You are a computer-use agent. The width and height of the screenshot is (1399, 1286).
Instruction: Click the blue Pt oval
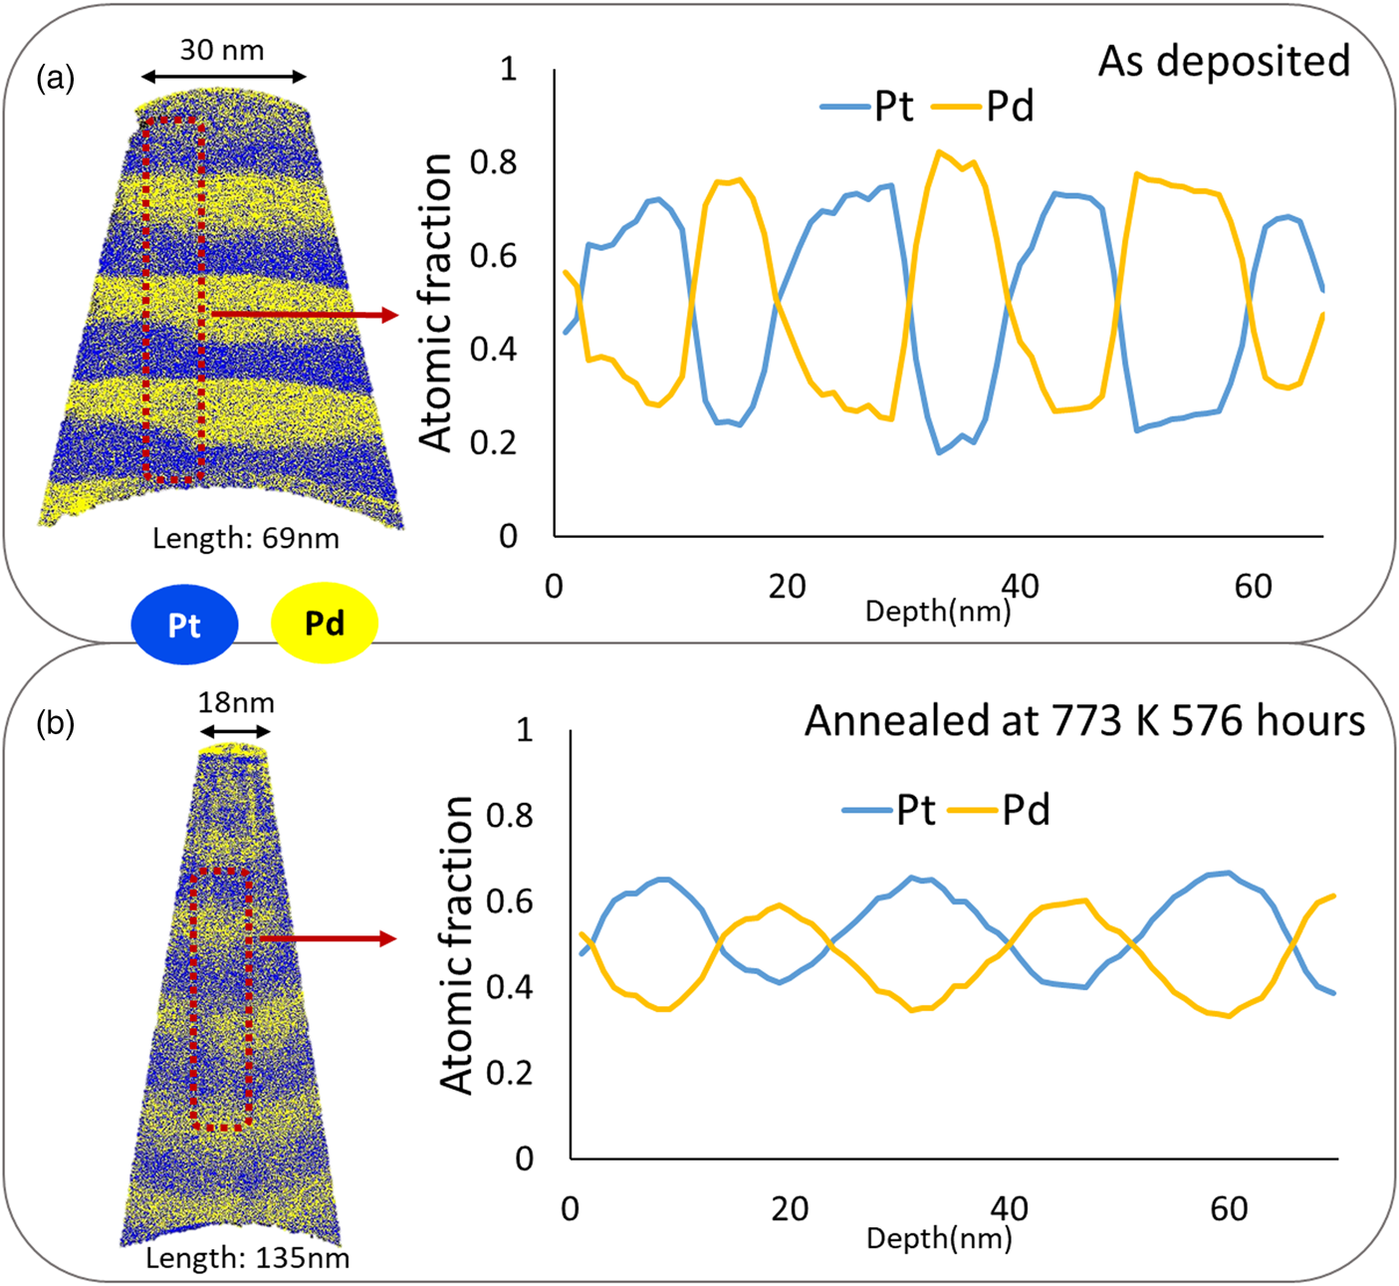[x=185, y=624]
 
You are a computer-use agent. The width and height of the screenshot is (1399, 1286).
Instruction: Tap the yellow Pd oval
[x=325, y=623]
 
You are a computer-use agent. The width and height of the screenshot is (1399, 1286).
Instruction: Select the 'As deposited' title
[x=1224, y=62]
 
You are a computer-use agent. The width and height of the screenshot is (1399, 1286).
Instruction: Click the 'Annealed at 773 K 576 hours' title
[x=1084, y=720]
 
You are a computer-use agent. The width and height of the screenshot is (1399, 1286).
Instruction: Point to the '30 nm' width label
[x=222, y=50]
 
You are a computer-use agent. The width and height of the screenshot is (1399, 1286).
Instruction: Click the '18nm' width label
[x=236, y=702]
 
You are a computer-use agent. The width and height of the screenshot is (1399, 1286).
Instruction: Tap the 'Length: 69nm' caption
[x=246, y=539]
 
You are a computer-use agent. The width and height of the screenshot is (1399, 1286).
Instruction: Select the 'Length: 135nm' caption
[x=248, y=1257]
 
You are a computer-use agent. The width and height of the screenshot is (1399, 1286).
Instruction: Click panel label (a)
[x=56, y=78]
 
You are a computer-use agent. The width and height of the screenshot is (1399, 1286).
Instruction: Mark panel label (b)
[x=56, y=723]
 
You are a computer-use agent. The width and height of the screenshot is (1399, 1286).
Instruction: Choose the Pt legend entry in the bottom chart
[x=888, y=810]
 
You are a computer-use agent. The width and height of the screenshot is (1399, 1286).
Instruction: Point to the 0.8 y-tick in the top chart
[x=494, y=162]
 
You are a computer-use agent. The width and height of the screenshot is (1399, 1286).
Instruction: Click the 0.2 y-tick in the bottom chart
[x=510, y=1073]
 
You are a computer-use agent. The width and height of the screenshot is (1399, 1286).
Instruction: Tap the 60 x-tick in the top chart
[x=1254, y=586]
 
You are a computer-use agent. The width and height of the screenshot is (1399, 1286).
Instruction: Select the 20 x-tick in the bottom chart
[x=790, y=1208]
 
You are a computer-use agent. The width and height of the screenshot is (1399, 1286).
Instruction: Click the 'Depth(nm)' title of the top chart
[x=938, y=612]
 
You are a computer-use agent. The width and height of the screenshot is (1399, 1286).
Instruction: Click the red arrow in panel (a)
[x=304, y=315]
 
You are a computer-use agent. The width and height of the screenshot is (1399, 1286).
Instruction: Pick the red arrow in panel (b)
[x=328, y=938]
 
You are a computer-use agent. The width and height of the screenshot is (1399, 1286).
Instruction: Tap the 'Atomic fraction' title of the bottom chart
[x=457, y=944]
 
